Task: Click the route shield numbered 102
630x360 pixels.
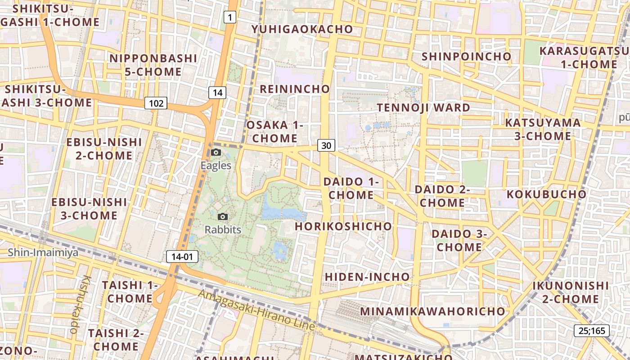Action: [156, 103]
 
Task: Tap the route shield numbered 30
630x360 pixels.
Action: [326, 145]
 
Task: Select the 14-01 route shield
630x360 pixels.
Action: [182, 257]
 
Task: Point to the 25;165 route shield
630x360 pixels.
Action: [591, 331]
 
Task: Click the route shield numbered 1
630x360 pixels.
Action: [230, 18]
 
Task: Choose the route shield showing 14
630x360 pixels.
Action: [217, 93]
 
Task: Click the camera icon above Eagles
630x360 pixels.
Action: [216, 152]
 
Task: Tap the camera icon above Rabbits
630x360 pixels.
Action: [223, 216]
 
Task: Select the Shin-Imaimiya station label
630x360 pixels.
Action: [43, 252]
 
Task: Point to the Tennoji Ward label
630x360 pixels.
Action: [423, 108]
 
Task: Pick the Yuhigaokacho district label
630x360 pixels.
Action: [302, 29]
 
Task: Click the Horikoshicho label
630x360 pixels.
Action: [343, 226]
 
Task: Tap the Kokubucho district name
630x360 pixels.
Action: [546, 194]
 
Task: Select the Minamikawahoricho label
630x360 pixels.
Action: [432, 311]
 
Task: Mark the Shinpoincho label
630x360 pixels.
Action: [466, 57]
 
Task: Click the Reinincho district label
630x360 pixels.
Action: [295, 89]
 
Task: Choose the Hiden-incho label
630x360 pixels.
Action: [367, 277]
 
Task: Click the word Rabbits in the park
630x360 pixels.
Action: [223, 229]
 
